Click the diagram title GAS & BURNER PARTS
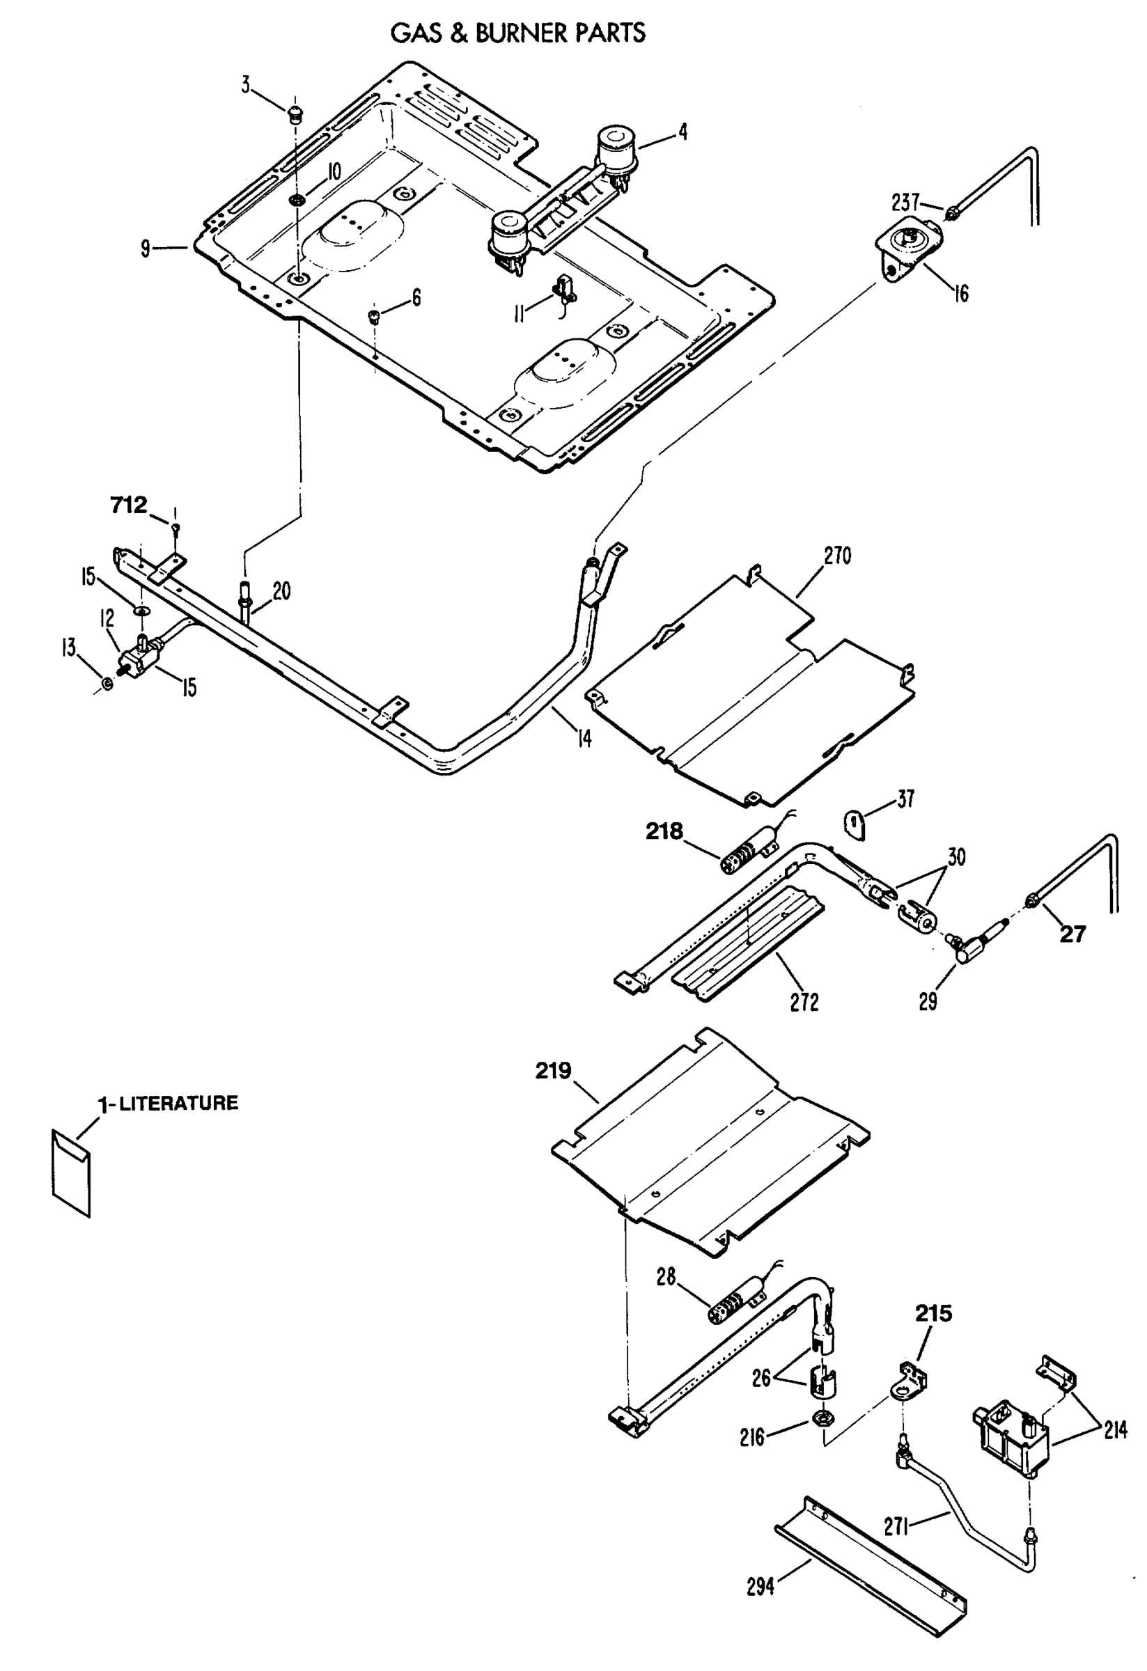click(x=517, y=33)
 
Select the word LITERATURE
click(x=178, y=1103)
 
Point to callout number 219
click(x=553, y=1071)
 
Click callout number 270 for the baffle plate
click(x=837, y=556)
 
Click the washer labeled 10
click(x=296, y=198)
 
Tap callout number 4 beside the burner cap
click(x=682, y=132)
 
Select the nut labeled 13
click(x=107, y=682)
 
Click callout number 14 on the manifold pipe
click(x=585, y=738)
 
